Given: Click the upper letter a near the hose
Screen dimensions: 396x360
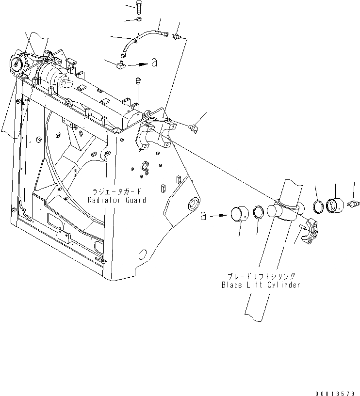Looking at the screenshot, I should pos(154,63).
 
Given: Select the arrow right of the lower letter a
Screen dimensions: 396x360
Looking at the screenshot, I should pos(220,214).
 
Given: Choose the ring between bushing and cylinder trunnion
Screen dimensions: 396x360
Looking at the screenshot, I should pos(260,211).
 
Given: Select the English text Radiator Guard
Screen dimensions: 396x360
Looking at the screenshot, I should pos(117,199).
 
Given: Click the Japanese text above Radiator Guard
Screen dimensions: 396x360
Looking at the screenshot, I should pos(117,191).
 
